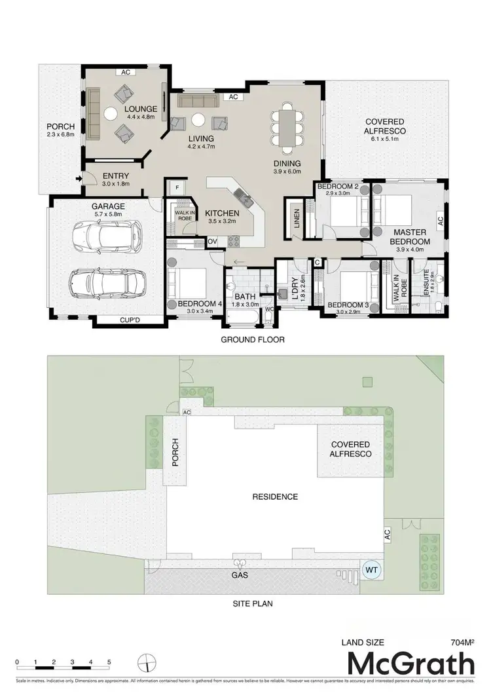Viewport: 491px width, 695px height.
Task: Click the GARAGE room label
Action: pos(108,206)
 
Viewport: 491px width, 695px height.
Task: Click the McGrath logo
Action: pos(410,664)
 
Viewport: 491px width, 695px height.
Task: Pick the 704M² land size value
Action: pos(462,643)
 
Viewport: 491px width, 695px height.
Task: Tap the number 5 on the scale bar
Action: pos(109,662)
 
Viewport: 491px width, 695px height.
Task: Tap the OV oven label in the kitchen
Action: pos(212,242)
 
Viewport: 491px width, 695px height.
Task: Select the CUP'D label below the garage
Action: pos(129,320)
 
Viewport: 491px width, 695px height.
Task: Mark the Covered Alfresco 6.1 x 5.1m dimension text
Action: pos(384,131)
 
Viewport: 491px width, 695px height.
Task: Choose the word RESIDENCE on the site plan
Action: pos(275,497)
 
